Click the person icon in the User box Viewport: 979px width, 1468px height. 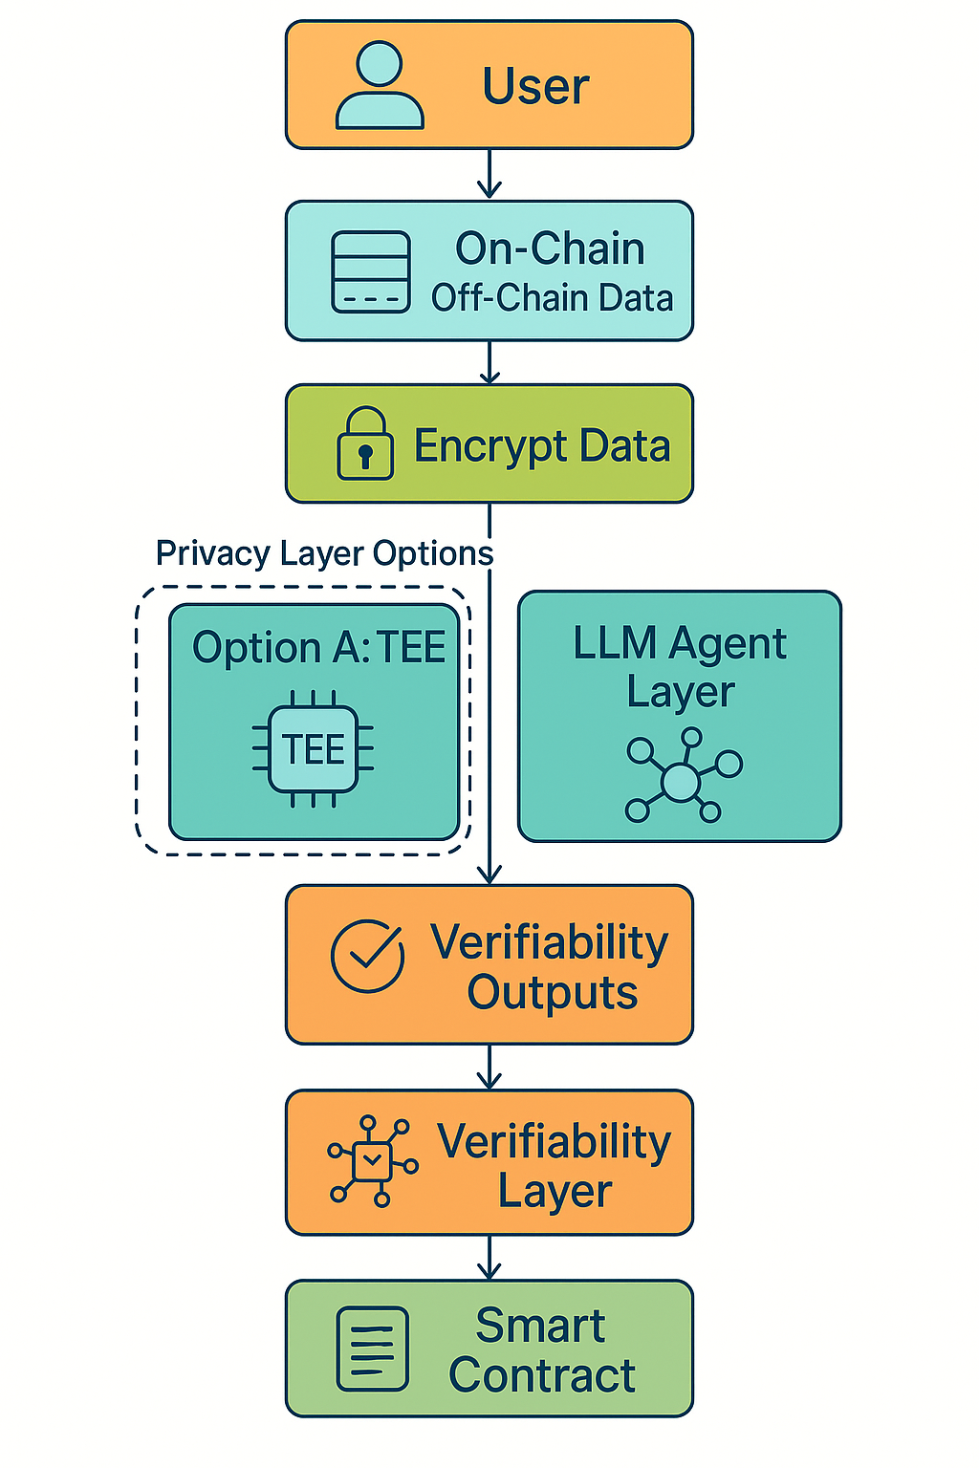click(380, 86)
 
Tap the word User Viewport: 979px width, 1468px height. click(535, 86)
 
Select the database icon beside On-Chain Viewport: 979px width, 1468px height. click(371, 271)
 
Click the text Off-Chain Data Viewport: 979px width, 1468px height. click(552, 298)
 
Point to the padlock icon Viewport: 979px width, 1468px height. click(364, 444)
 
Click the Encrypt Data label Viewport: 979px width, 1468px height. click(542, 446)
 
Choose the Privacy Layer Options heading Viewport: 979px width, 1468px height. click(324, 553)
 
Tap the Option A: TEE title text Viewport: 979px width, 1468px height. click(318, 648)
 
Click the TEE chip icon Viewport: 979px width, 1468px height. click(314, 749)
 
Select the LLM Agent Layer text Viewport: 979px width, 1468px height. click(680, 667)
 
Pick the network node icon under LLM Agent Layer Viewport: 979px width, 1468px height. click(682, 777)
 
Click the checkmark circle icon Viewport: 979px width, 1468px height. click(368, 956)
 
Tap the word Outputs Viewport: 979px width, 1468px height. click(552, 992)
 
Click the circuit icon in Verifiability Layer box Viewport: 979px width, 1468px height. click(372, 1160)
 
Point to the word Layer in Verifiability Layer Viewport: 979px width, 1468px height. click(555, 1191)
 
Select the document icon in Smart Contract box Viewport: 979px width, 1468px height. click(372, 1349)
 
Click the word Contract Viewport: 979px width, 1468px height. click(542, 1375)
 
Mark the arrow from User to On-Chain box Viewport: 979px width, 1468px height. click(489, 175)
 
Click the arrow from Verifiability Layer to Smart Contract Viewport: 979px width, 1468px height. click(489, 1258)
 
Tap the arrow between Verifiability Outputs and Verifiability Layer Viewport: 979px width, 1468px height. click(489, 1068)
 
